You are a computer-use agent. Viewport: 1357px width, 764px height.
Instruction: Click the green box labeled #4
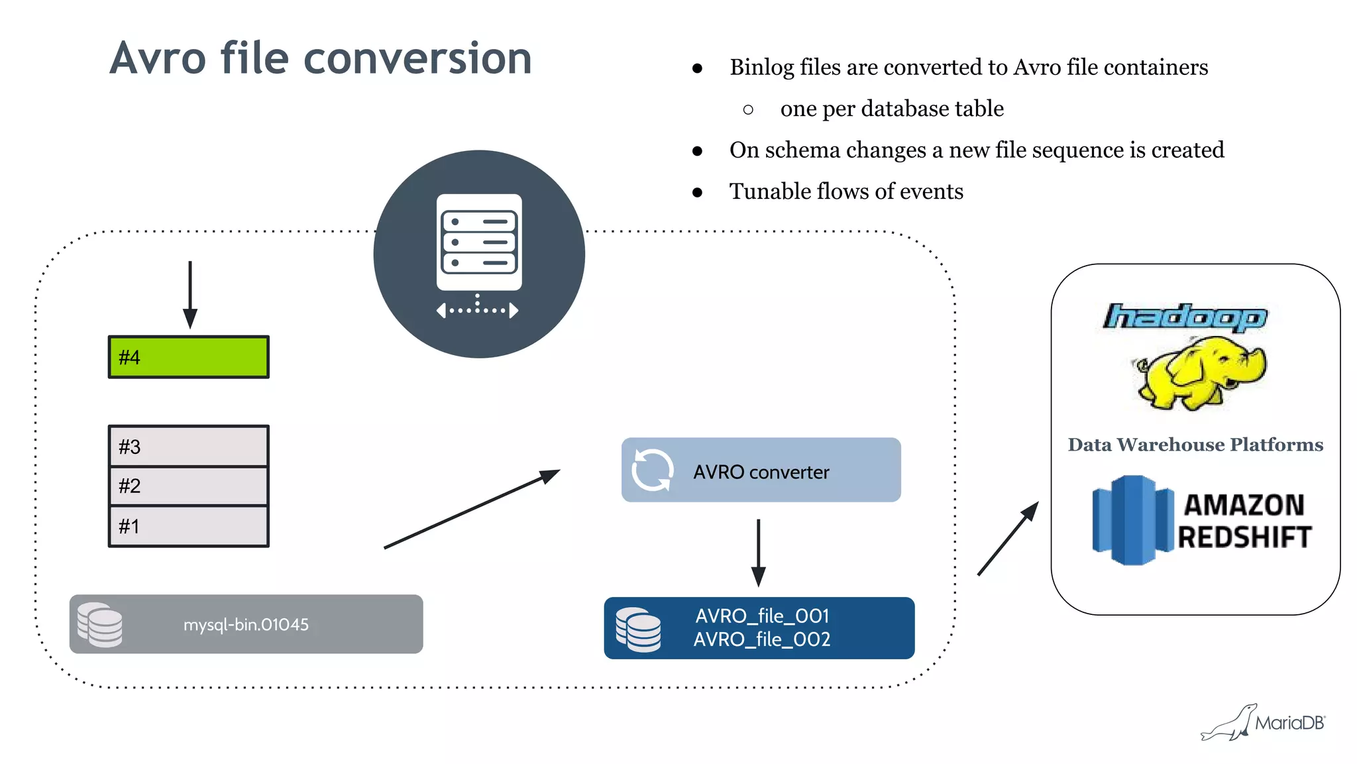point(189,357)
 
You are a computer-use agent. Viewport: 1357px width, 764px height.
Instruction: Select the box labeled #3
point(189,447)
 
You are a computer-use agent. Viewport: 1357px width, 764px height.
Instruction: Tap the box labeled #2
point(189,486)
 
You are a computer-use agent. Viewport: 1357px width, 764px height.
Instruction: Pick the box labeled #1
point(189,527)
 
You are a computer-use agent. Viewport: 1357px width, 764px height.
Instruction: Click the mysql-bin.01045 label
point(246,625)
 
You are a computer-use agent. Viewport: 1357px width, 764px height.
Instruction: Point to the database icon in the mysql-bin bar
point(100,624)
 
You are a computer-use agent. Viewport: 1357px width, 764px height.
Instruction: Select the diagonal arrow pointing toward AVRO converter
point(472,509)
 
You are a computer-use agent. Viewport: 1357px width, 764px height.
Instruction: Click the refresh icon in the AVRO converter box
point(652,470)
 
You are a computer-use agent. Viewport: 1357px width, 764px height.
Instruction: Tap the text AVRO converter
point(761,472)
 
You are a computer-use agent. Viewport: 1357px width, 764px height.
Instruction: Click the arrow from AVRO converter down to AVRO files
point(759,552)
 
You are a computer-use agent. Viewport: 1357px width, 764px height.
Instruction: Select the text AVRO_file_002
point(762,639)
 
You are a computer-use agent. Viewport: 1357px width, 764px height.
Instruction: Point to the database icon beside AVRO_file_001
point(638,629)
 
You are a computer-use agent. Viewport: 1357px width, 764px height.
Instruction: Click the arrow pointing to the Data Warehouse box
point(1008,539)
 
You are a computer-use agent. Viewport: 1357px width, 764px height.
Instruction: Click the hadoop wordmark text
point(1184,317)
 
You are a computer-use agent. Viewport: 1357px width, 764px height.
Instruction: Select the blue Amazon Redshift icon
point(1132,520)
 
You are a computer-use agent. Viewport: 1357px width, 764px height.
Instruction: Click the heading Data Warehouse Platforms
point(1195,445)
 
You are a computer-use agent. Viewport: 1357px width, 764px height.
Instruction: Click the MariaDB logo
point(1263,723)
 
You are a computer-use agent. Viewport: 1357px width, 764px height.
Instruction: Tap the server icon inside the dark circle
point(479,243)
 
